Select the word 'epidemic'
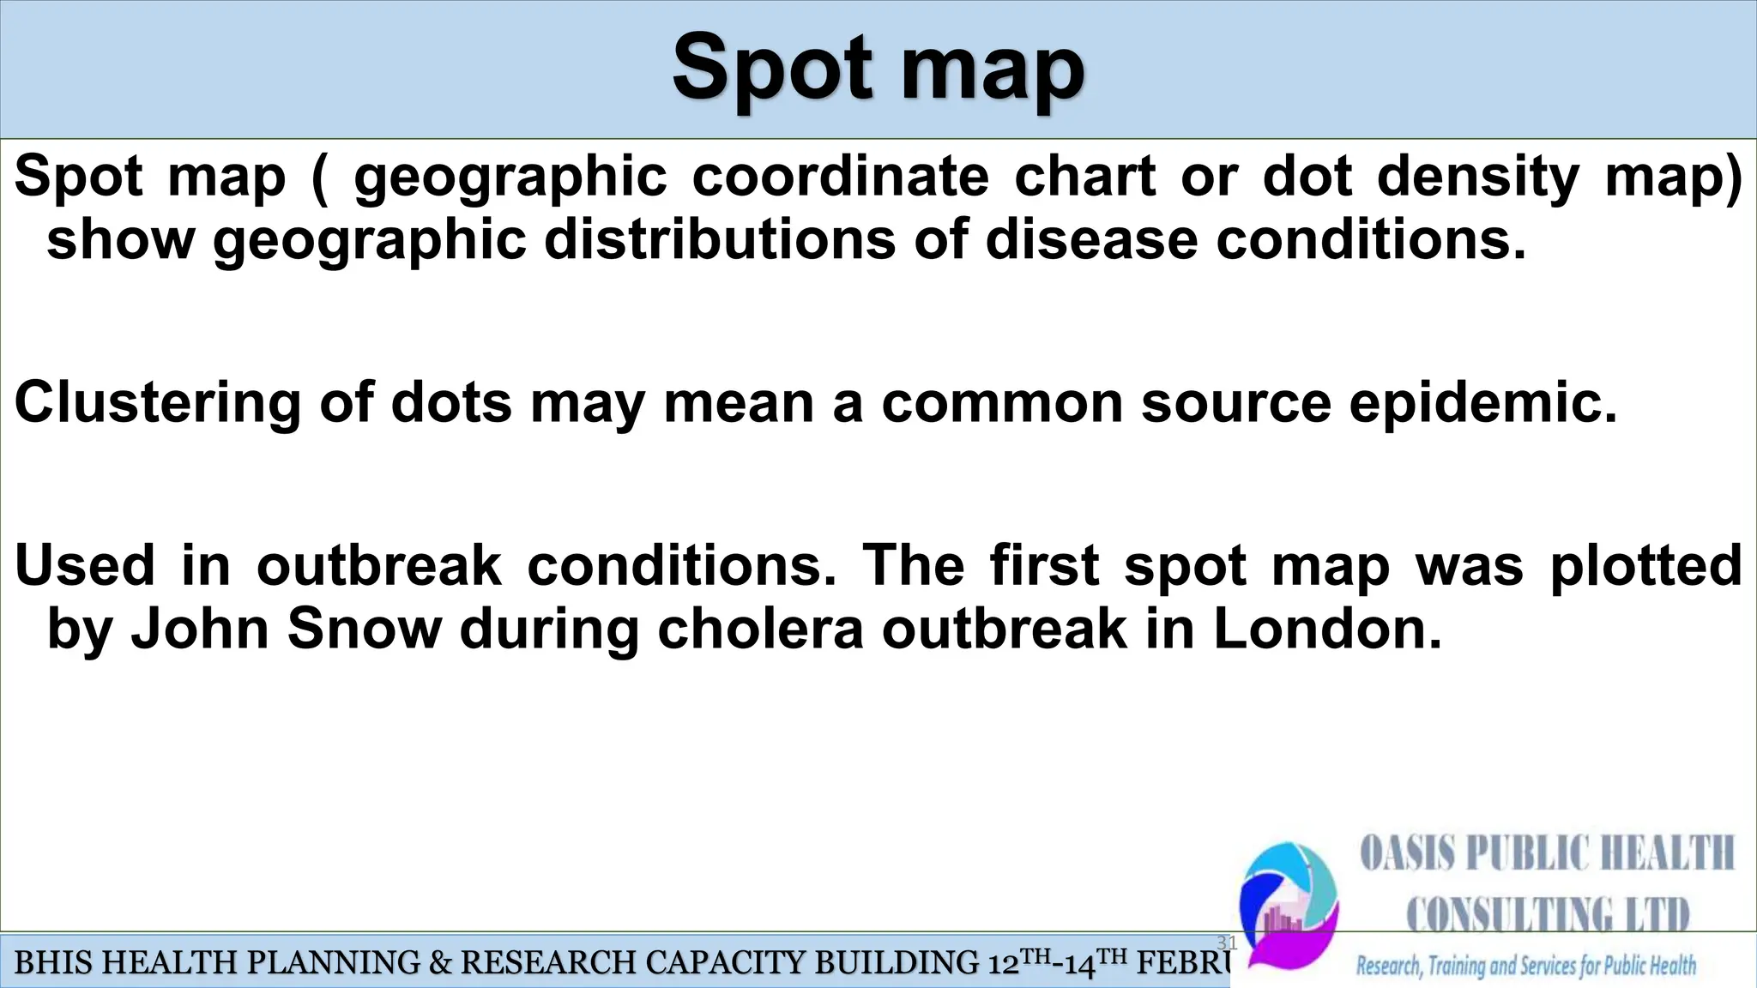pos(1482,402)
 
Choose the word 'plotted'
pos(1645,565)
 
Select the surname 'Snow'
pos(364,629)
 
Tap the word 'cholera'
pos(760,629)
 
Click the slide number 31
pos(1227,943)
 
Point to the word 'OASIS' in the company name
pos(1406,855)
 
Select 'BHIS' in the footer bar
pos(51,964)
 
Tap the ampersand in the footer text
pos(439,964)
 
